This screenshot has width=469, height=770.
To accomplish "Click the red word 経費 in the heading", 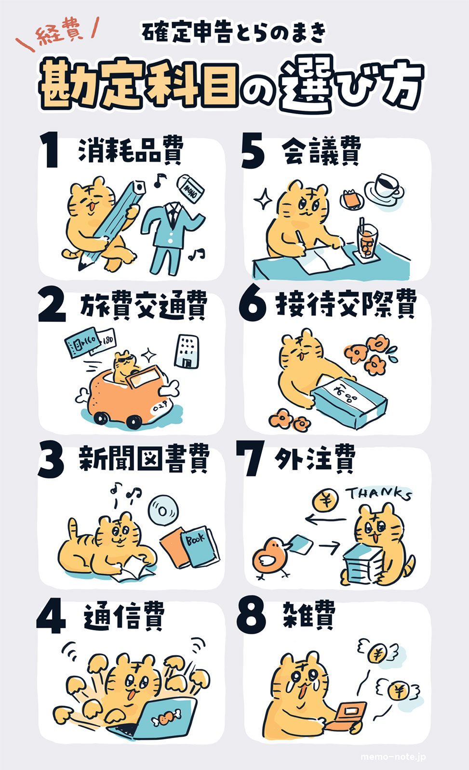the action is coord(59,34).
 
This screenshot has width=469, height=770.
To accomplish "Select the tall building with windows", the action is coord(186,351).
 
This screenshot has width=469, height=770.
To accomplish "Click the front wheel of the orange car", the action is coord(134,422).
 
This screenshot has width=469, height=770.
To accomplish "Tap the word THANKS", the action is coord(378,494).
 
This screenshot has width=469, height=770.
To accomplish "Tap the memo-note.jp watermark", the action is coord(393,757).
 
